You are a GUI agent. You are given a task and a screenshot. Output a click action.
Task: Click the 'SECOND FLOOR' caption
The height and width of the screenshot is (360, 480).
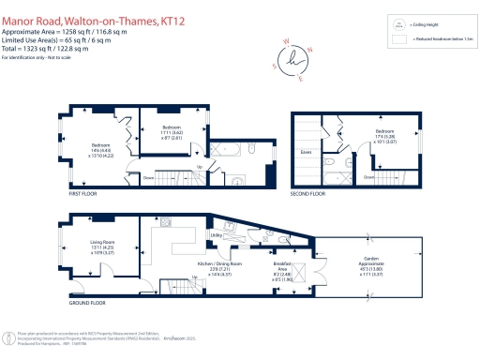coord(308,194)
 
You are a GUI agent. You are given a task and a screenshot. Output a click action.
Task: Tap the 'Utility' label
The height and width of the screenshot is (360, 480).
coord(215,235)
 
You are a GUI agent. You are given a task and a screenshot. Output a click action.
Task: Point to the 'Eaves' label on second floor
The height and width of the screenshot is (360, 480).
coord(306,150)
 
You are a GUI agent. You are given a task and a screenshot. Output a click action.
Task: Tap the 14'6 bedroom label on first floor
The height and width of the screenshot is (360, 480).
coord(100,147)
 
